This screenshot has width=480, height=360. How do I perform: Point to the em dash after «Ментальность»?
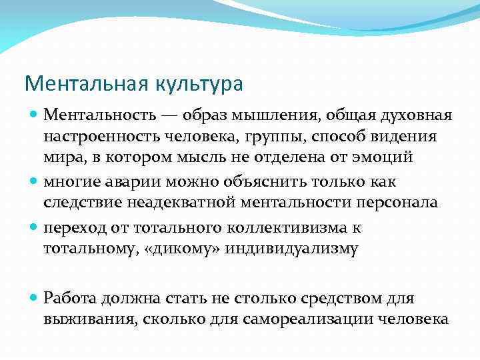coord(169,116)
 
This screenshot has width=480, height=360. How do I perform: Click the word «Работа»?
coord(70,297)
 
